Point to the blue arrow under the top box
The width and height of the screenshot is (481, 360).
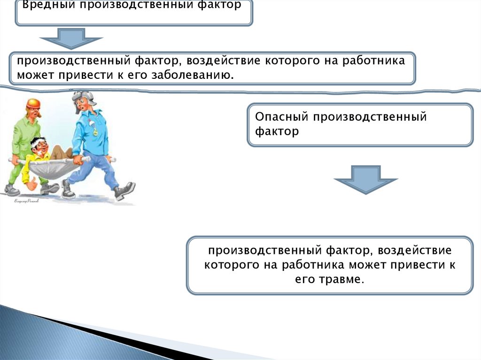pyautogui.click(x=70, y=38)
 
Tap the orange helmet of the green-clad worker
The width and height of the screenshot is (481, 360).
pyautogui.click(x=33, y=103)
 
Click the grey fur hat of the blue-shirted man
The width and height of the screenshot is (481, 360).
pyautogui.click(x=83, y=98)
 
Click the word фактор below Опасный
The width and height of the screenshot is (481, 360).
pyautogui.click(x=277, y=131)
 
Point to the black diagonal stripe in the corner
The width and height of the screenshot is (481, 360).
pyautogui.click(x=117, y=338)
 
